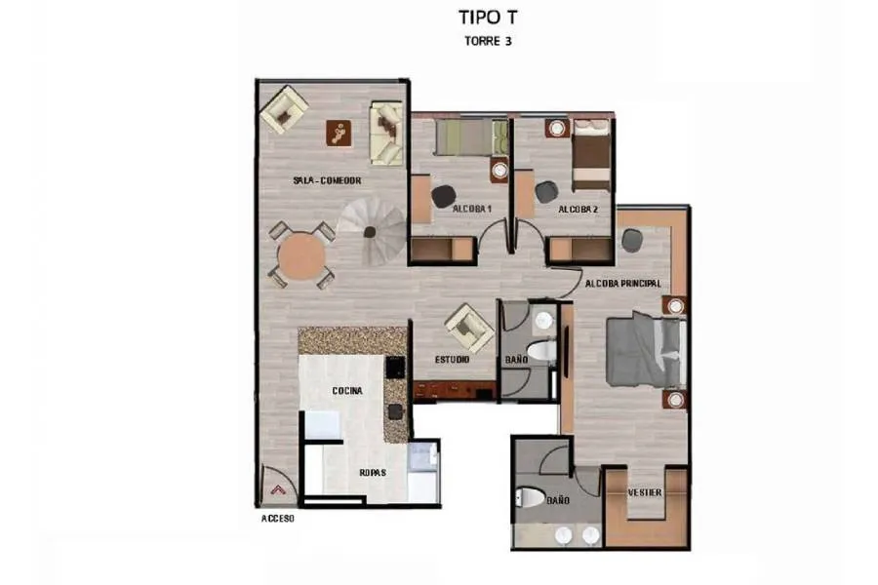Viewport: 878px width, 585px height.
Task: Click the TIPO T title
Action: pyautogui.click(x=489, y=18)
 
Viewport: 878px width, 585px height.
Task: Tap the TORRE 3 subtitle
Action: pyautogui.click(x=488, y=41)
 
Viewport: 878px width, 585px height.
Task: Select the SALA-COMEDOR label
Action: pyautogui.click(x=327, y=180)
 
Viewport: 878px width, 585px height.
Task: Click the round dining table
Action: pyautogui.click(x=301, y=256)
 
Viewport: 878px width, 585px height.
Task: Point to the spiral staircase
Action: pyautogui.click(x=372, y=231)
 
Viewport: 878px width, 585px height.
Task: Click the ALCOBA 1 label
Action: pyautogui.click(x=471, y=209)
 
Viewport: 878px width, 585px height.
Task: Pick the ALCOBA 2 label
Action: pyautogui.click(x=578, y=210)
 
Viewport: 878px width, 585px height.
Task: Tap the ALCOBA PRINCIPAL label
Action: pyautogui.click(x=622, y=284)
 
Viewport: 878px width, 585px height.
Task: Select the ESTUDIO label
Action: pyautogui.click(x=452, y=360)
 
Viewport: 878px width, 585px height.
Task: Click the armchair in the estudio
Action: pyautogui.click(x=469, y=329)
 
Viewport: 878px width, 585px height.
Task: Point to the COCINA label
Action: pyautogui.click(x=347, y=391)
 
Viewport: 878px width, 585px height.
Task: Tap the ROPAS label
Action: pyautogui.click(x=373, y=473)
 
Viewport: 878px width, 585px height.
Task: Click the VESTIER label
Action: pyautogui.click(x=645, y=492)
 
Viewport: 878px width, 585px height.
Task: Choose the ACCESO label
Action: pyautogui.click(x=278, y=519)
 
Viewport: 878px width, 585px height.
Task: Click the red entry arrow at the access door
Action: pyautogui.click(x=278, y=489)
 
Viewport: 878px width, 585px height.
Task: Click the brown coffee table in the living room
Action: pyautogui.click(x=339, y=134)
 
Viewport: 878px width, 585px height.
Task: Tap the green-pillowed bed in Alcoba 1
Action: pyautogui.click(x=472, y=137)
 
